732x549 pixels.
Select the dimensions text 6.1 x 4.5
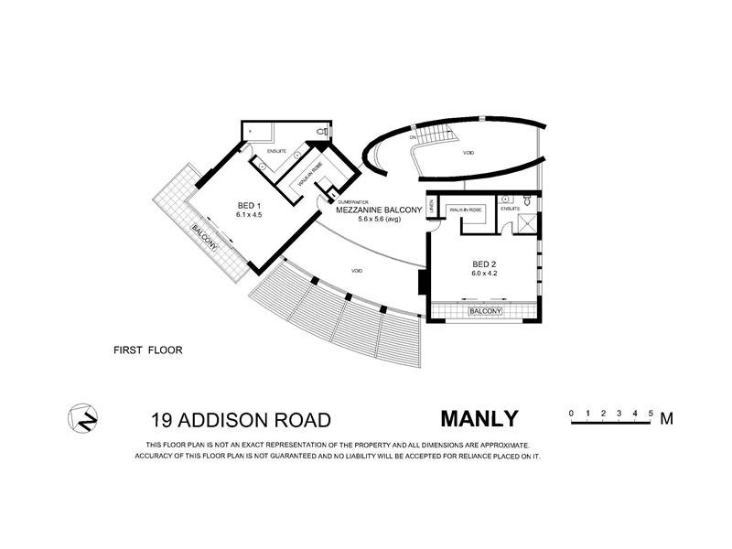(x=223, y=216)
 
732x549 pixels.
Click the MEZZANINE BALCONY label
(x=377, y=210)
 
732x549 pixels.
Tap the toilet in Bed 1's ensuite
(x=319, y=134)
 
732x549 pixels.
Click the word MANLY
(x=479, y=419)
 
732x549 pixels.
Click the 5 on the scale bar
(x=651, y=414)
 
